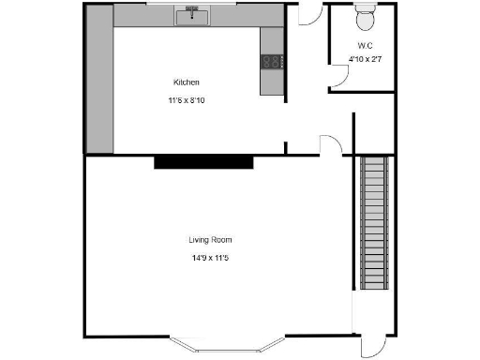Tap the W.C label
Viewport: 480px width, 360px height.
click(x=365, y=46)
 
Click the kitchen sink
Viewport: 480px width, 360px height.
click(x=197, y=14)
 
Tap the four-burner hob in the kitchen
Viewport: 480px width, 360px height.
click(x=272, y=62)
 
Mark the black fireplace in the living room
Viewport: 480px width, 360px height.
click(x=203, y=162)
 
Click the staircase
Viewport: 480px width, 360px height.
click(x=375, y=225)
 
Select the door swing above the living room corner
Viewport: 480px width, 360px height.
click(x=330, y=144)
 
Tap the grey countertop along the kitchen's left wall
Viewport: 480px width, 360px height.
click(x=98, y=89)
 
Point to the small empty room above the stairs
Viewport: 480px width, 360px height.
click(x=375, y=131)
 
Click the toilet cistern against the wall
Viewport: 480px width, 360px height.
click(x=365, y=7)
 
